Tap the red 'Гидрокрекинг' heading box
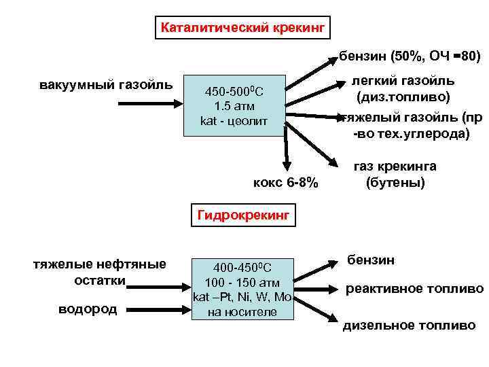243,216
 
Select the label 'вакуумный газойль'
106,86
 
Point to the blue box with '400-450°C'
242,287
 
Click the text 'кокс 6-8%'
285,183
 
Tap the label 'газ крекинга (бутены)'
395,175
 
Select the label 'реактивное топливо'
414,289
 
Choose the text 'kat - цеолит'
234,121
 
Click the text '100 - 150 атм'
242,282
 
